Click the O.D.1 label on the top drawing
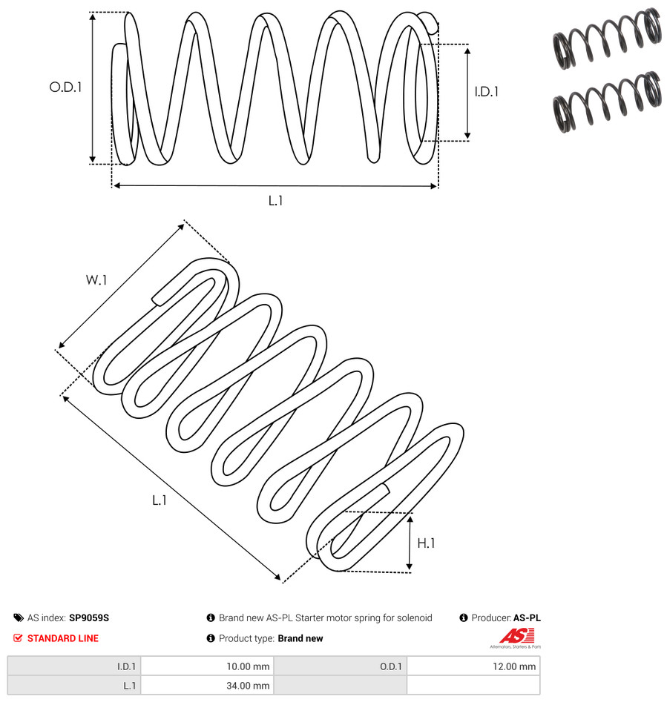65,87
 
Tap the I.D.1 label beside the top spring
487,92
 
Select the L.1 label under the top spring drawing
275,201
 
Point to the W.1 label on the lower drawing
96,280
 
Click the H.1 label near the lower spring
426,543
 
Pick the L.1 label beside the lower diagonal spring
160,500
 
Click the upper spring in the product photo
607,39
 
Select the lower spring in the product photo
607,102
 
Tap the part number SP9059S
89,617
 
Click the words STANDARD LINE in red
63,638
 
